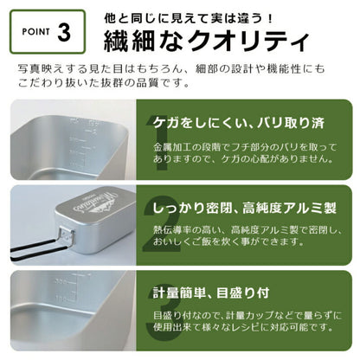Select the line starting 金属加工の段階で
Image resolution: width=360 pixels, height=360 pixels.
click(252, 144)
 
